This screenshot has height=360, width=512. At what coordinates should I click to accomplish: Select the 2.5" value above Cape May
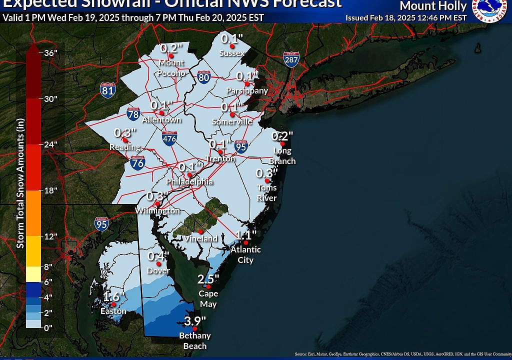click(x=208, y=279)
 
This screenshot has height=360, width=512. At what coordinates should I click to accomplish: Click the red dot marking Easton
click(x=113, y=304)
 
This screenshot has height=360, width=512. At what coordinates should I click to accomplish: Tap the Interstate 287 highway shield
click(x=291, y=59)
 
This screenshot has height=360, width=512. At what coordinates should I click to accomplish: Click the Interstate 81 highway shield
click(x=108, y=90)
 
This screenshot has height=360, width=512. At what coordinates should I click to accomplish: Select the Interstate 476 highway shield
click(x=169, y=138)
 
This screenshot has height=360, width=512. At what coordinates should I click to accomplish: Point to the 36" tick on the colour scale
click(x=51, y=53)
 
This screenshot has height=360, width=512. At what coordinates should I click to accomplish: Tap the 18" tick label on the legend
click(x=51, y=190)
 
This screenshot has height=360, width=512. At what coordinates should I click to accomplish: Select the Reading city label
click(x=125, y=147)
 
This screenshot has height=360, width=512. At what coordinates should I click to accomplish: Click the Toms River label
click(x=266, y=192)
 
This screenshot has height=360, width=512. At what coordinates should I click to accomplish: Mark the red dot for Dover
click(x=158, y=264)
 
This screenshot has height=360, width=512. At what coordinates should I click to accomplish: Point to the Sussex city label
click(x=232, y=53)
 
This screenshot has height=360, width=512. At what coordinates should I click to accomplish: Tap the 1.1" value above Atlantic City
click(x=246, y=234)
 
